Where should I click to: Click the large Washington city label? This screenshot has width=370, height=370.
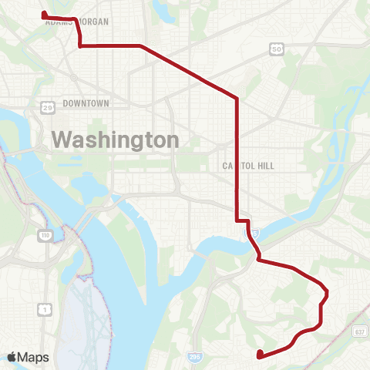(x=115, y=140)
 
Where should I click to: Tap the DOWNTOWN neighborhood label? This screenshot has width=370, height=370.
(x=86, y=103)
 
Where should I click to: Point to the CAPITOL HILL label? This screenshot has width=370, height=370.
(x=248, y=166)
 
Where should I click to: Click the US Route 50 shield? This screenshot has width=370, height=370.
(x=276, y=49)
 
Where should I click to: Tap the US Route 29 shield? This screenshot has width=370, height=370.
(x=48, y=106)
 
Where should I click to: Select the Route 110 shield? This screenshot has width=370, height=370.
(x=47, y=233)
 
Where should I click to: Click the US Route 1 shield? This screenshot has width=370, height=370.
(x=45, y=309)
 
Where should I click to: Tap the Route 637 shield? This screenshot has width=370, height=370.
(x=359, y=331)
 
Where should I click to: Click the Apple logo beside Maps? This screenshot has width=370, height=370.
(x=12, y=357)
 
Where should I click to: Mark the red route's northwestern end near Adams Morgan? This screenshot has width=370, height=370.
(x=43, y=14)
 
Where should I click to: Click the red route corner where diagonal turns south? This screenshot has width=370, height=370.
(x=237, y=99)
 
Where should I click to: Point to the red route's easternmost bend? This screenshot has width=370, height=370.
(x=328, y=292)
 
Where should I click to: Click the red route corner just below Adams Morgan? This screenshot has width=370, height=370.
(x=80, y=45)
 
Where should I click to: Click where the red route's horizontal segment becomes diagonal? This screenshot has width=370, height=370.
(x=141, y=46)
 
